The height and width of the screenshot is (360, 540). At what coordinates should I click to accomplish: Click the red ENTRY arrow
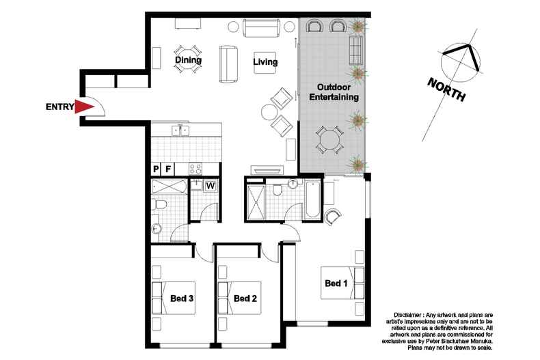pyautogui.click(x=83, y=107)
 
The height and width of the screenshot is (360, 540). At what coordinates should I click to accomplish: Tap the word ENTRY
pyautogui.click(x=60, y=107)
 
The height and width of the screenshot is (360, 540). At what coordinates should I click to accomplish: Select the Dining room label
pyautogui.click(x=188, y=60)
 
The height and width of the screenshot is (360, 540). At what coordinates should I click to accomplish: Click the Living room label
pyautogui.click(x=265, y=62)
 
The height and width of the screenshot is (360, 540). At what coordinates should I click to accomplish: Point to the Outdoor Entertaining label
pyautogui.click(x=334, y=92)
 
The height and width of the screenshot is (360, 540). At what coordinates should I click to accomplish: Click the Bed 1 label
pyautogui.click(x=336, y=283)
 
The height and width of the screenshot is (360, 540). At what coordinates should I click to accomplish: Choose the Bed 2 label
pyautogui.click(x=245, y=299)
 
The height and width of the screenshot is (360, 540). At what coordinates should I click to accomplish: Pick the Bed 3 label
pyautogui.click(x=182, y=299)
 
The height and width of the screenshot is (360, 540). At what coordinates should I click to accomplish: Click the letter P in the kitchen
pyautogui.click(x=156, y=169)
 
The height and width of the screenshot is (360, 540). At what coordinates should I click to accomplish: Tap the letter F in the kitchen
pyautogui.click(x=168, y=169)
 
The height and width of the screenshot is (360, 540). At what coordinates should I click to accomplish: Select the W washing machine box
pyautogui.click(x=211, y=186)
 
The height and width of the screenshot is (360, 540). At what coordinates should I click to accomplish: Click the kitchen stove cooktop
pyautogui.click(x=195, y=169)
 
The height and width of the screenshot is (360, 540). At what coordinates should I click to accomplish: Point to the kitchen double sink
pyautogui.click(x=180, y=130)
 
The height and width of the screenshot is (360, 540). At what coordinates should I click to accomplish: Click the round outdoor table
pyautogui.click(x=330, y=140)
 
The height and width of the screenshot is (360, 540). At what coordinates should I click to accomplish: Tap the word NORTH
pyautogui.click(x=446, y=89)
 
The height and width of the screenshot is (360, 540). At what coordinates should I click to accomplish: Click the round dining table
pyautogui.click(x=188, y=59)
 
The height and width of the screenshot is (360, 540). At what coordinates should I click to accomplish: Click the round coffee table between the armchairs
pyautogui.click(x=269, y=112)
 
